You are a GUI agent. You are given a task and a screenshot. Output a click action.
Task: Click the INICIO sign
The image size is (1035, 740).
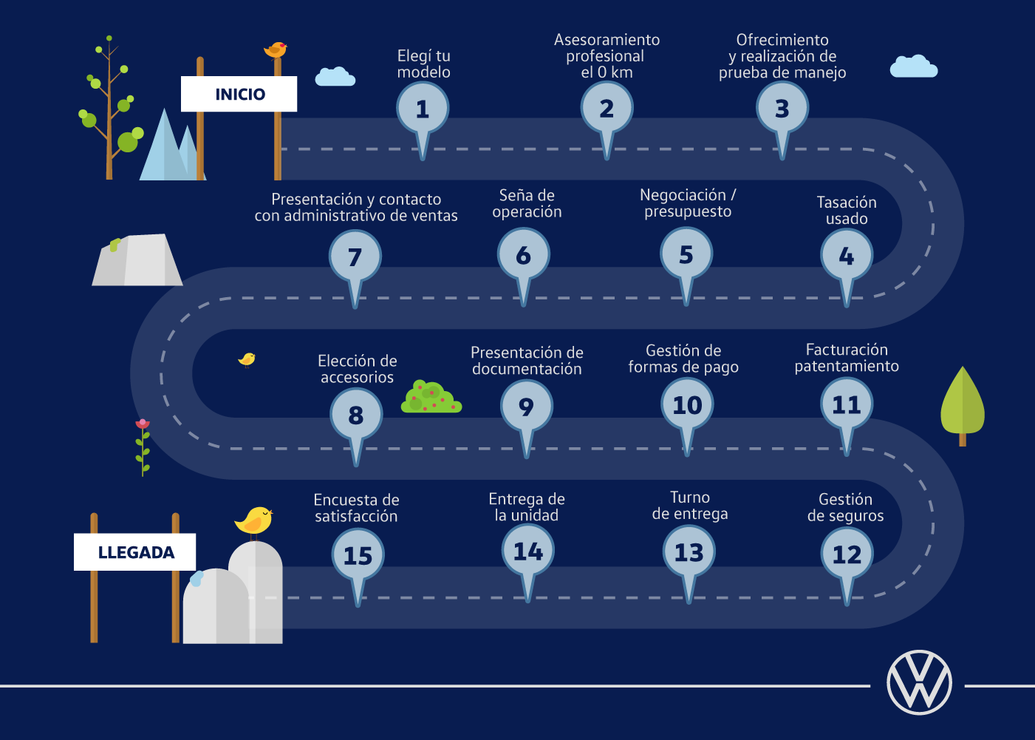click(239, 94)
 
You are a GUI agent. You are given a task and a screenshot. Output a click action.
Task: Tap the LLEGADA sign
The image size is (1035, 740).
click(135, 552)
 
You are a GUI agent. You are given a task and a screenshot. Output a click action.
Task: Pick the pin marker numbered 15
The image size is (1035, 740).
click(358, 556)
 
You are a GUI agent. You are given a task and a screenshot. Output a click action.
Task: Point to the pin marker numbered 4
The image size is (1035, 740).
click(847, 257)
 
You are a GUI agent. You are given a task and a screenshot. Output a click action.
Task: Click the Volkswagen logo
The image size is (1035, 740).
click(919, 682)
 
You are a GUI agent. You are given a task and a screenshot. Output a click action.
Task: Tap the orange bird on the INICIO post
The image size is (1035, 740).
click(276, 50)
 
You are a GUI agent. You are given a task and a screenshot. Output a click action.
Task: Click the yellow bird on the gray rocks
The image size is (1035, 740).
click(254, 520)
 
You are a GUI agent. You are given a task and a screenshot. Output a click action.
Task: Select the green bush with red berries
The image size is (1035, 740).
click(431, 398)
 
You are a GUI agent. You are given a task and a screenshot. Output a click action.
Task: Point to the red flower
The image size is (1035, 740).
click(143, 424)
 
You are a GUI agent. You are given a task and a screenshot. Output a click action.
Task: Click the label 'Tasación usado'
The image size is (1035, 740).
click(847, 211)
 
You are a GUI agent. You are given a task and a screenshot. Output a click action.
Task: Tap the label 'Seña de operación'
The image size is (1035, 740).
click(527, 203)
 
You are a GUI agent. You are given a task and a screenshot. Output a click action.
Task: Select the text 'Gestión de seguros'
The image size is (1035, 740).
click(845, 508)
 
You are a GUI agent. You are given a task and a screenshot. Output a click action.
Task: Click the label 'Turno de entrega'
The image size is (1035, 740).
click(690, 506)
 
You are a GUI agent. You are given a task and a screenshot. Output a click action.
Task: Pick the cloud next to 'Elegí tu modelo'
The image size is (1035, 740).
click(335, 77)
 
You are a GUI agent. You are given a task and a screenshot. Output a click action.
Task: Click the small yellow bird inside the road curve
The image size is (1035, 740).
click(247, 359)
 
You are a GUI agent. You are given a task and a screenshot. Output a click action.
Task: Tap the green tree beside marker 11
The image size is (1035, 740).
click(962, 403)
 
